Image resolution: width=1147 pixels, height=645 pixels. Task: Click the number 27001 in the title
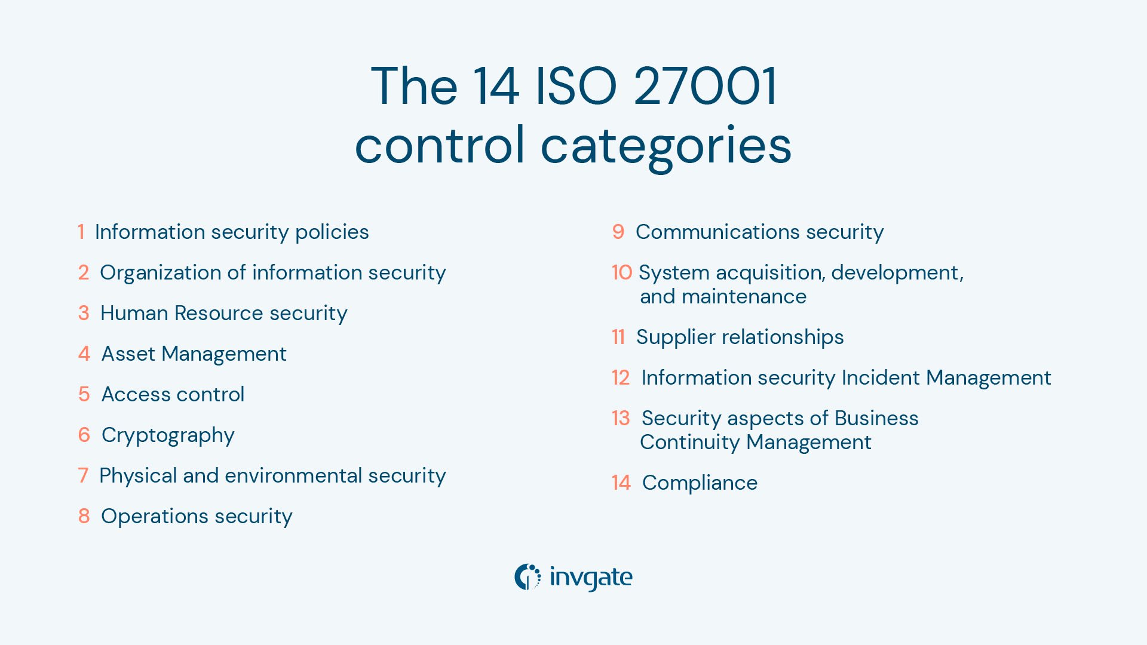(705, 87)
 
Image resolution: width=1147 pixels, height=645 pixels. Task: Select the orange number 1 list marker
(81, 232)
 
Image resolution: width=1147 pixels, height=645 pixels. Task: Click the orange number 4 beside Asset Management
(84, 354)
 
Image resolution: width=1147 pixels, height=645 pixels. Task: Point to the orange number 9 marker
(618, 232)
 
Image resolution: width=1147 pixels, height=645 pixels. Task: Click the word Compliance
(700, 483)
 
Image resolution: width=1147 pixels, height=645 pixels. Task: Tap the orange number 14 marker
(621, 483)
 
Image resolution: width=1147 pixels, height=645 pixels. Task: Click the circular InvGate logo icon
(528, 577)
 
